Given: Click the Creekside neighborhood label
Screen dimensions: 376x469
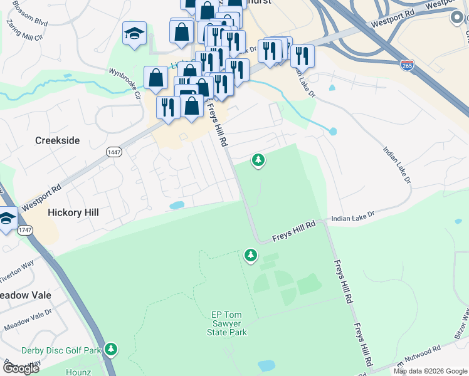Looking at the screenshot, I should [57, 140].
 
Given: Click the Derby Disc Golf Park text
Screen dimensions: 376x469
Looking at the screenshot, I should [61, 350].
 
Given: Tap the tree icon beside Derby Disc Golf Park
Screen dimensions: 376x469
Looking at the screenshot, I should [111, 348].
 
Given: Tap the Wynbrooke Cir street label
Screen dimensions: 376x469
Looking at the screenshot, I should [124, 85].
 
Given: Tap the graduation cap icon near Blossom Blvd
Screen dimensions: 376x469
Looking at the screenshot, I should [134, 33].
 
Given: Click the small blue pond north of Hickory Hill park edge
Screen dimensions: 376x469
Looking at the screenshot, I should [177, 205].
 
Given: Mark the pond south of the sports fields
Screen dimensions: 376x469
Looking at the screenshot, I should [266, 365].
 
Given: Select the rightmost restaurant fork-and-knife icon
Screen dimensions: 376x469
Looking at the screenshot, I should [302, 56].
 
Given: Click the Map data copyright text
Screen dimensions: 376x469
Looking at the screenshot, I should [429, 371].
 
